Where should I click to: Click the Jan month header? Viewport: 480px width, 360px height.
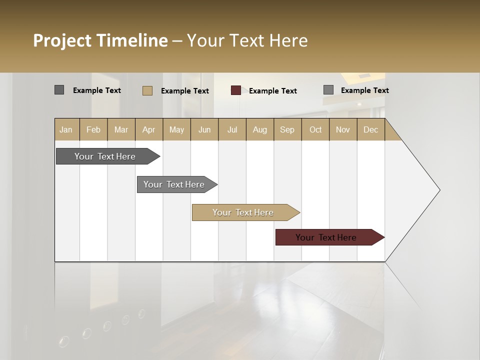[66, 129]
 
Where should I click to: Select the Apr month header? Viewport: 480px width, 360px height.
[149, 129]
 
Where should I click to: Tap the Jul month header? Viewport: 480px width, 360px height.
[232, 129]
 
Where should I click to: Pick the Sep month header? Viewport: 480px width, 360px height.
[287, 129]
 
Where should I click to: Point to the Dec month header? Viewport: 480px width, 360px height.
[370, 129]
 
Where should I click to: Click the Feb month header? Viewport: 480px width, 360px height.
[93, 129]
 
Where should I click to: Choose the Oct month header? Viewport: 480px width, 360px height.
[315, 129]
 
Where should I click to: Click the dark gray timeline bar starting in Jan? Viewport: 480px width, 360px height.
[105, 156]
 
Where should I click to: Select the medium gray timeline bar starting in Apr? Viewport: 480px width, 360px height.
[174, 184]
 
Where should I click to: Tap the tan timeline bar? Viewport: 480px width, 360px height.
[243, 212]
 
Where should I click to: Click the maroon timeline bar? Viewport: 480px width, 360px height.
[326, 237]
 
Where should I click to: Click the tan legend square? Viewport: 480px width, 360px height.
[147, 90]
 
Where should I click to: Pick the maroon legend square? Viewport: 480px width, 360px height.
[236, 90]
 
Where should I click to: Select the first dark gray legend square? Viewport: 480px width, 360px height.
[59, 90]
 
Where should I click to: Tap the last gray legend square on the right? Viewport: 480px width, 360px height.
[328, 90]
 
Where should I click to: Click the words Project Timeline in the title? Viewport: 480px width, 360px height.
[100, 40]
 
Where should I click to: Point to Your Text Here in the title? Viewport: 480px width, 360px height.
[247, 40]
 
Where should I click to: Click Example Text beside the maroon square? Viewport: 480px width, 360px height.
[272, 91]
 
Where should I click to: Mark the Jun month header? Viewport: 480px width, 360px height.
[204, 129]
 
